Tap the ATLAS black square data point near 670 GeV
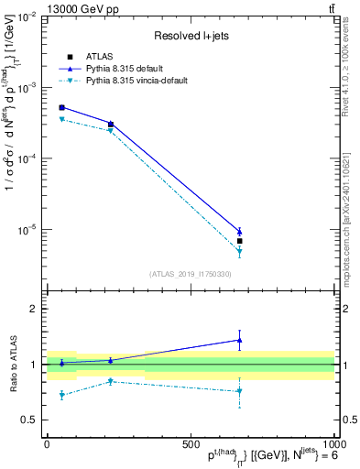239,241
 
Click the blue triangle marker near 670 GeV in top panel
239,231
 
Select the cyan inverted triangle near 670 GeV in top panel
239,251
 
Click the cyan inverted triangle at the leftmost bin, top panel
61,120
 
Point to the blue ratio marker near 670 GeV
239,340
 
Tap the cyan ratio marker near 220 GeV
111,381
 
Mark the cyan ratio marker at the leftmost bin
61,395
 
